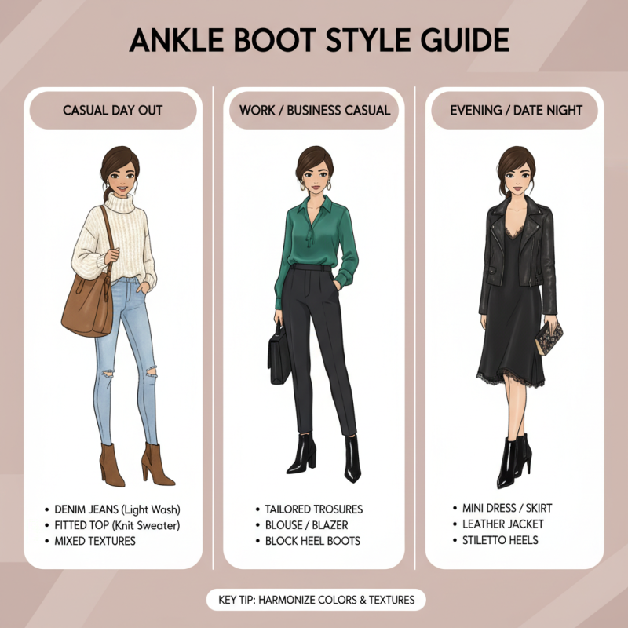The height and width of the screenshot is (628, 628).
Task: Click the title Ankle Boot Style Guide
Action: [x=314, y=41]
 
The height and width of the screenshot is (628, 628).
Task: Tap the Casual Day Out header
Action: [x=112, y=110]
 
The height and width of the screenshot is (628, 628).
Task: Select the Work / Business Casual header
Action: [x=314, y=110]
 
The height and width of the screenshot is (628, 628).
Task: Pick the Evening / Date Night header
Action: [x=515, y=110]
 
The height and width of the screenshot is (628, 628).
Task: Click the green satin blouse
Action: [x=314, y=235]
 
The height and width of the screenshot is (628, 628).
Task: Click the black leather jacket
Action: [x=495, y=251]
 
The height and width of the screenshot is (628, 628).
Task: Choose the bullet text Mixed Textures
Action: [x=95, y=541]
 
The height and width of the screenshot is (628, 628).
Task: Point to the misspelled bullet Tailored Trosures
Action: [x=309, y=509]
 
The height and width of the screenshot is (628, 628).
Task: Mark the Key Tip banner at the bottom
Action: [x=314, y=601]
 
